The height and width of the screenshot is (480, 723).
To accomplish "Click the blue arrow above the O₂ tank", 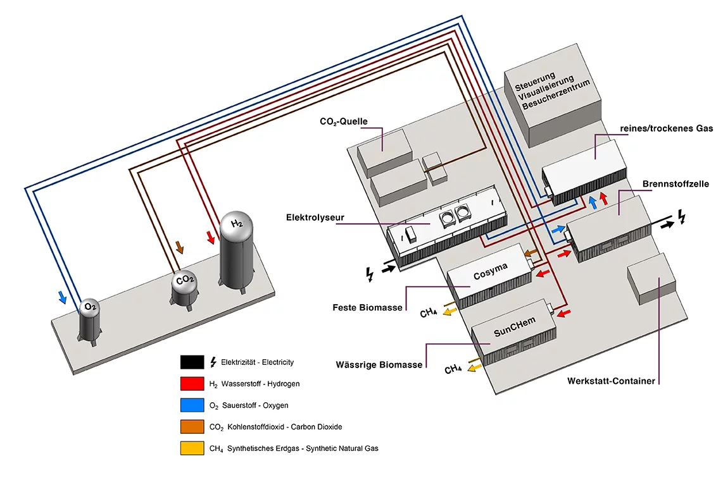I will [x=62, y=297].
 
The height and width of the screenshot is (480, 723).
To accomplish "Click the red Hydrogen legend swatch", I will [x=191, y=383].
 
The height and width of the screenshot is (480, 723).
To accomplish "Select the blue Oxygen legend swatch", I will [x=191, y=405].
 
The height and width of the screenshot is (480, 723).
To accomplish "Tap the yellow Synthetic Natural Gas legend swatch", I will [x=191, y=448].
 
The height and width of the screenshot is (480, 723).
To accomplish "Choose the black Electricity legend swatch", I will [x=191, y=362].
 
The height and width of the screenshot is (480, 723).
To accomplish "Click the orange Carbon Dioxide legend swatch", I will [x=191, y=426].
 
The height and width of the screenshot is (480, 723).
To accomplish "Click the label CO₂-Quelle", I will [x=343, y=121].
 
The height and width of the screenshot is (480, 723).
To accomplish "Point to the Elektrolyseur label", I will [x=315, y=218].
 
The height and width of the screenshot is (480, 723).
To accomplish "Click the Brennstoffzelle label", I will [x=675, y=183].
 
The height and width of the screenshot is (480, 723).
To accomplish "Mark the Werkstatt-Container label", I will [x=611, y=381].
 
